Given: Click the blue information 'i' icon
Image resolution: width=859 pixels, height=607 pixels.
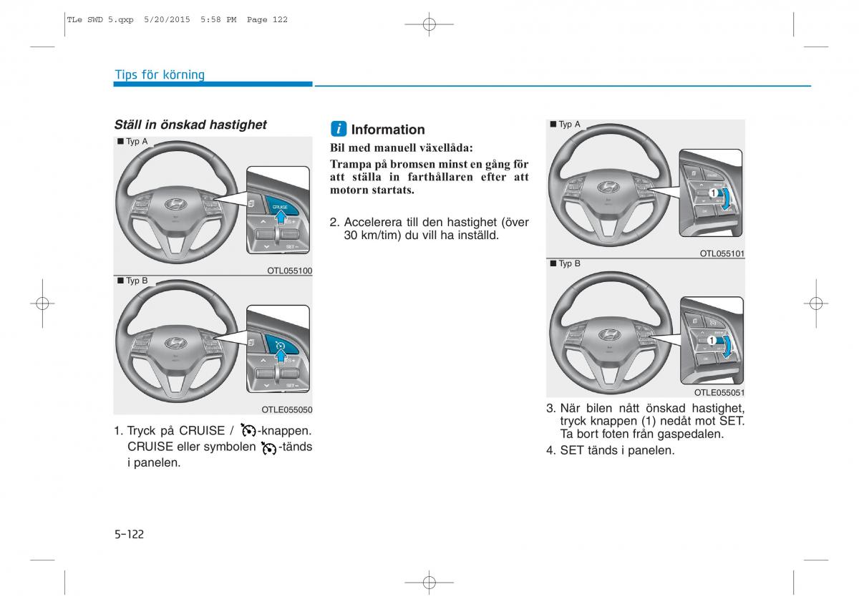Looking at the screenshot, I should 339,130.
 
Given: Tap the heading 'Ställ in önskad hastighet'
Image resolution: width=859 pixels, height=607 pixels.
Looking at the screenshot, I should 190,125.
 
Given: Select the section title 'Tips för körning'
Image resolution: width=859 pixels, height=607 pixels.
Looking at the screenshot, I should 160,75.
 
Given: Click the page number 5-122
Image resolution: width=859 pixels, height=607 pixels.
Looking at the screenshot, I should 129,534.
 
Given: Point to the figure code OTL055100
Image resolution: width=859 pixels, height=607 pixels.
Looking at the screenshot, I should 290,271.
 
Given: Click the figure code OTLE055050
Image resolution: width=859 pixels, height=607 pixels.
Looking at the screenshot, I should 287,410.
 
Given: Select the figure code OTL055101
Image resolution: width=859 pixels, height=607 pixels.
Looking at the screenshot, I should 722,253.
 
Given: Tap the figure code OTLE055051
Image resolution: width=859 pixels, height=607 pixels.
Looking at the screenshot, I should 719,393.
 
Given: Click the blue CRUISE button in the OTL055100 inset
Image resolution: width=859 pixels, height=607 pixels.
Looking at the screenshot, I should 280,205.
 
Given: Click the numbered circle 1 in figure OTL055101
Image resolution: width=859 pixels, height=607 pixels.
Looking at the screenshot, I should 713,193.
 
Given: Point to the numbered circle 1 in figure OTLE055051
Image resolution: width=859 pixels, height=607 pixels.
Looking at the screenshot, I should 712,341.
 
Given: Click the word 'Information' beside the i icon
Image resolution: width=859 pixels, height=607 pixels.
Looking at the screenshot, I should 388,130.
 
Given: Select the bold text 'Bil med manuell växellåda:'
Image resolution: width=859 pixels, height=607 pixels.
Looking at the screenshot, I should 401,148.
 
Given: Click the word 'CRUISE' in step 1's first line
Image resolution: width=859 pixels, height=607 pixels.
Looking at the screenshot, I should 202,431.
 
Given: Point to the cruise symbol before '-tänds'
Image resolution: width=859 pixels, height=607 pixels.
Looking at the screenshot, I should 269,448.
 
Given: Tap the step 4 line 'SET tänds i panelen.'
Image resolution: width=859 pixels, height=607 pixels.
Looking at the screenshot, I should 617,450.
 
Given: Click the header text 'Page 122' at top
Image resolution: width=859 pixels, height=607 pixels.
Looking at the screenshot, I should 267,20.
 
